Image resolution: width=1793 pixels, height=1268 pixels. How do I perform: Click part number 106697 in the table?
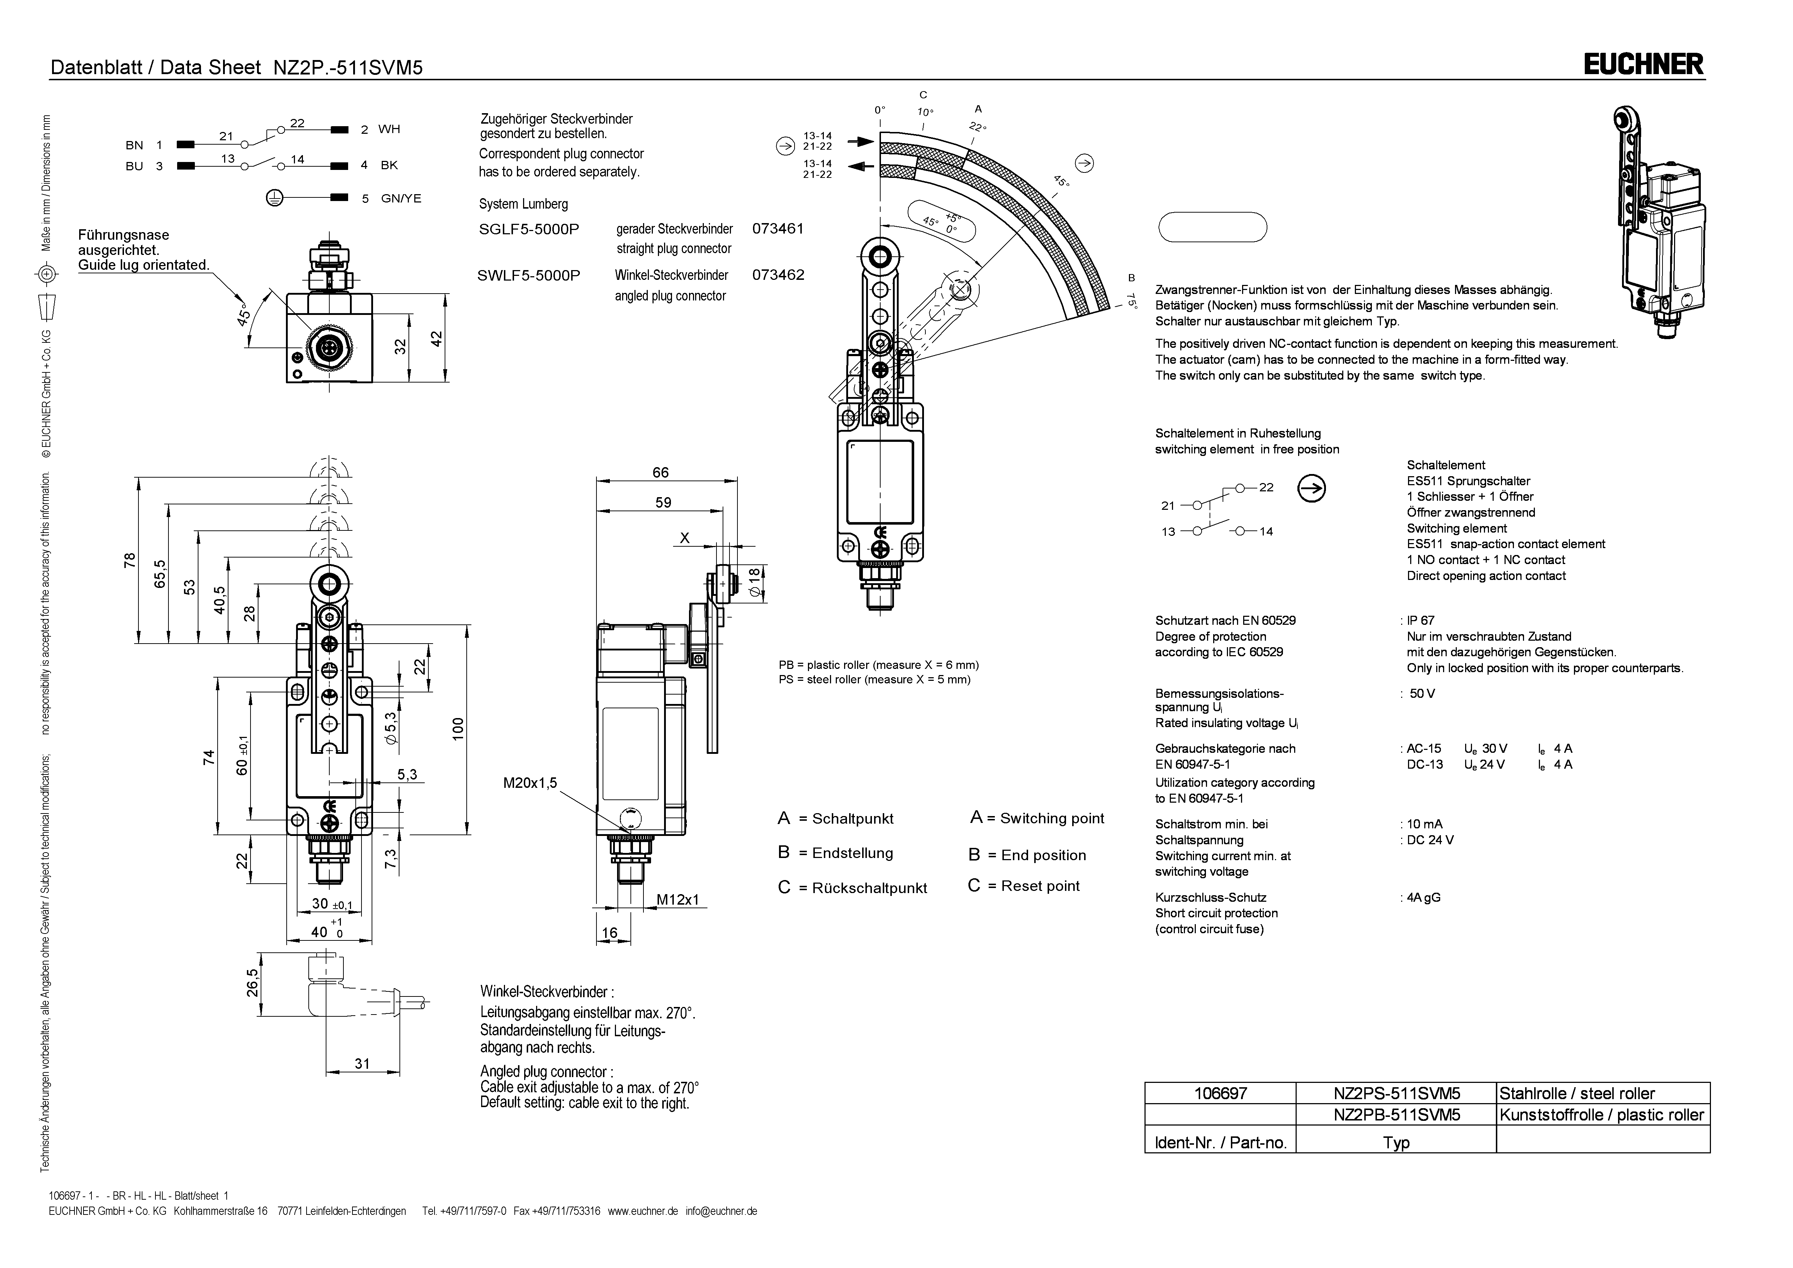pyautogui.click(x=1221, y=1093)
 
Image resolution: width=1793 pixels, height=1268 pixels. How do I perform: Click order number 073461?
pyautogui.click(x=778, y=229)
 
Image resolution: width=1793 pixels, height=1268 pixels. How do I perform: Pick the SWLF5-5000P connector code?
pyautogui.click(x=529, y=275)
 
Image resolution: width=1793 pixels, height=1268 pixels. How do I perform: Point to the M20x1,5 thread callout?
pyautogui.click(x=530, y=783)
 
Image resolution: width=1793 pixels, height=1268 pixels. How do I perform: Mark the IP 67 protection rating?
pyautogui.click(x=1421, y=620)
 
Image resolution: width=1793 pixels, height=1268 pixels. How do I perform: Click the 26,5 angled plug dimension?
pyautogui.click(x=252, y=983)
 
